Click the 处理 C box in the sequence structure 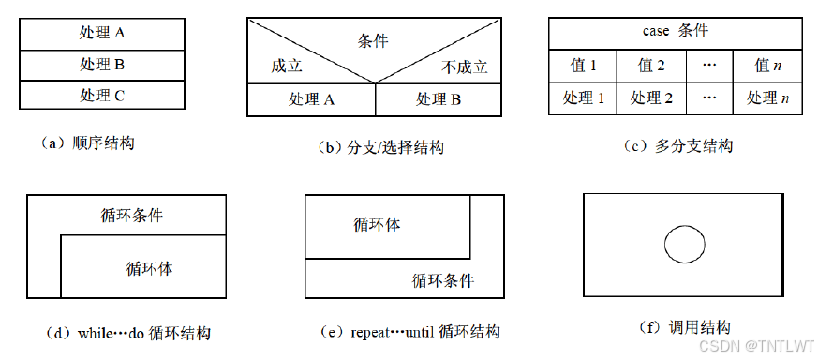[x=103, y=95]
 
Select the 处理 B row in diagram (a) [x=103, y=65]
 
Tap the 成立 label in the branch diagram [x=287, y=67]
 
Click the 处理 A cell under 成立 [x=312, y=99]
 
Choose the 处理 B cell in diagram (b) [x=439, y=99]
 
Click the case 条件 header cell [x=675, y=31]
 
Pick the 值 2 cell [x=651, y=66]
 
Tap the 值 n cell [x=768, y=66]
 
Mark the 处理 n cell [x=768, y=97]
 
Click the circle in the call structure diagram [x=684, y=245]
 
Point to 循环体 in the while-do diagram [x=149, y=268]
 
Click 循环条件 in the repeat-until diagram [x=443, y=280]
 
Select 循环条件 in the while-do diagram [x=131, y=215]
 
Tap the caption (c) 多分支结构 [x=677, y=145]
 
